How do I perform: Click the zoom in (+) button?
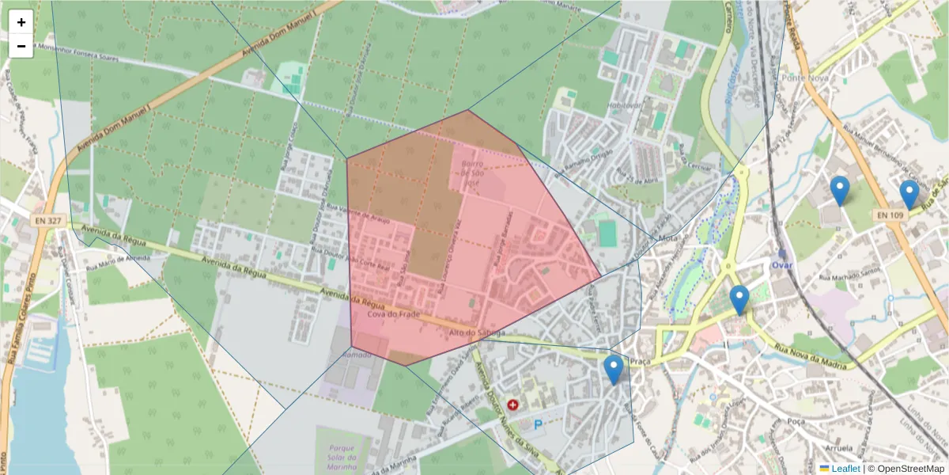pyautogui.click(x=21, y=22)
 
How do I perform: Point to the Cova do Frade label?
pyautogui.click(x=380, y=314)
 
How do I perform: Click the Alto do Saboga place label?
pyautogui.click(x=476, y=333)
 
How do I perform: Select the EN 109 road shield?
pyautogui.click(x=889, y=215)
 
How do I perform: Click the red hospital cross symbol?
pyautogui.click(x=512, y=405)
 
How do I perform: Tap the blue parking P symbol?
pyautogui.click(x=539, y=425)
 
